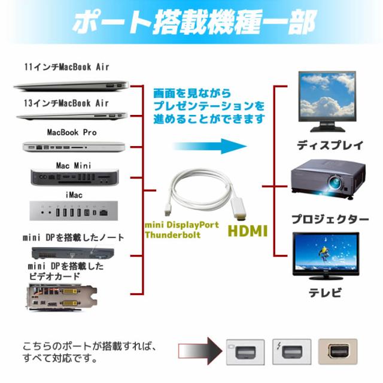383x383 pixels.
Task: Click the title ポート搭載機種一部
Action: coord(194,22)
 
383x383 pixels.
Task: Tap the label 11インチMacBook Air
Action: coord(66,67)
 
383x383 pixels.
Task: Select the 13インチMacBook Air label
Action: coord(66,103)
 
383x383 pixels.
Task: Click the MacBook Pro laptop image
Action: coord(74,147)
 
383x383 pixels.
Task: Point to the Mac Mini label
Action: coord(74,165)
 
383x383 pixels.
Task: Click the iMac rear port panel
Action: coord(74,211)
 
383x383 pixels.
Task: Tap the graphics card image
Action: coord(62,297)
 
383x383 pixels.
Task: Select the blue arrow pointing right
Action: coord(210,146)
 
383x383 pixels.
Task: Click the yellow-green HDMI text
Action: coord(248,231)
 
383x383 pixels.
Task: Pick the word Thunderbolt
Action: coord(173,235)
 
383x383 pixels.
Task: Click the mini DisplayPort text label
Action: coord(182,225)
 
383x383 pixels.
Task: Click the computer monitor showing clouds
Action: coord(327,101)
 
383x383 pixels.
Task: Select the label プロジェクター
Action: coord(330,220)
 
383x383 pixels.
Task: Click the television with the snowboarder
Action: coord(326,256)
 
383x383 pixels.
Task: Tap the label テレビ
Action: coord(325,293)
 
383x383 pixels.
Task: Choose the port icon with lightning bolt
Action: coord(291,352)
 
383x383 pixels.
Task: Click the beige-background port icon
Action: coord(338,352)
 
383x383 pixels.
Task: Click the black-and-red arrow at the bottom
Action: coord(200,351)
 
